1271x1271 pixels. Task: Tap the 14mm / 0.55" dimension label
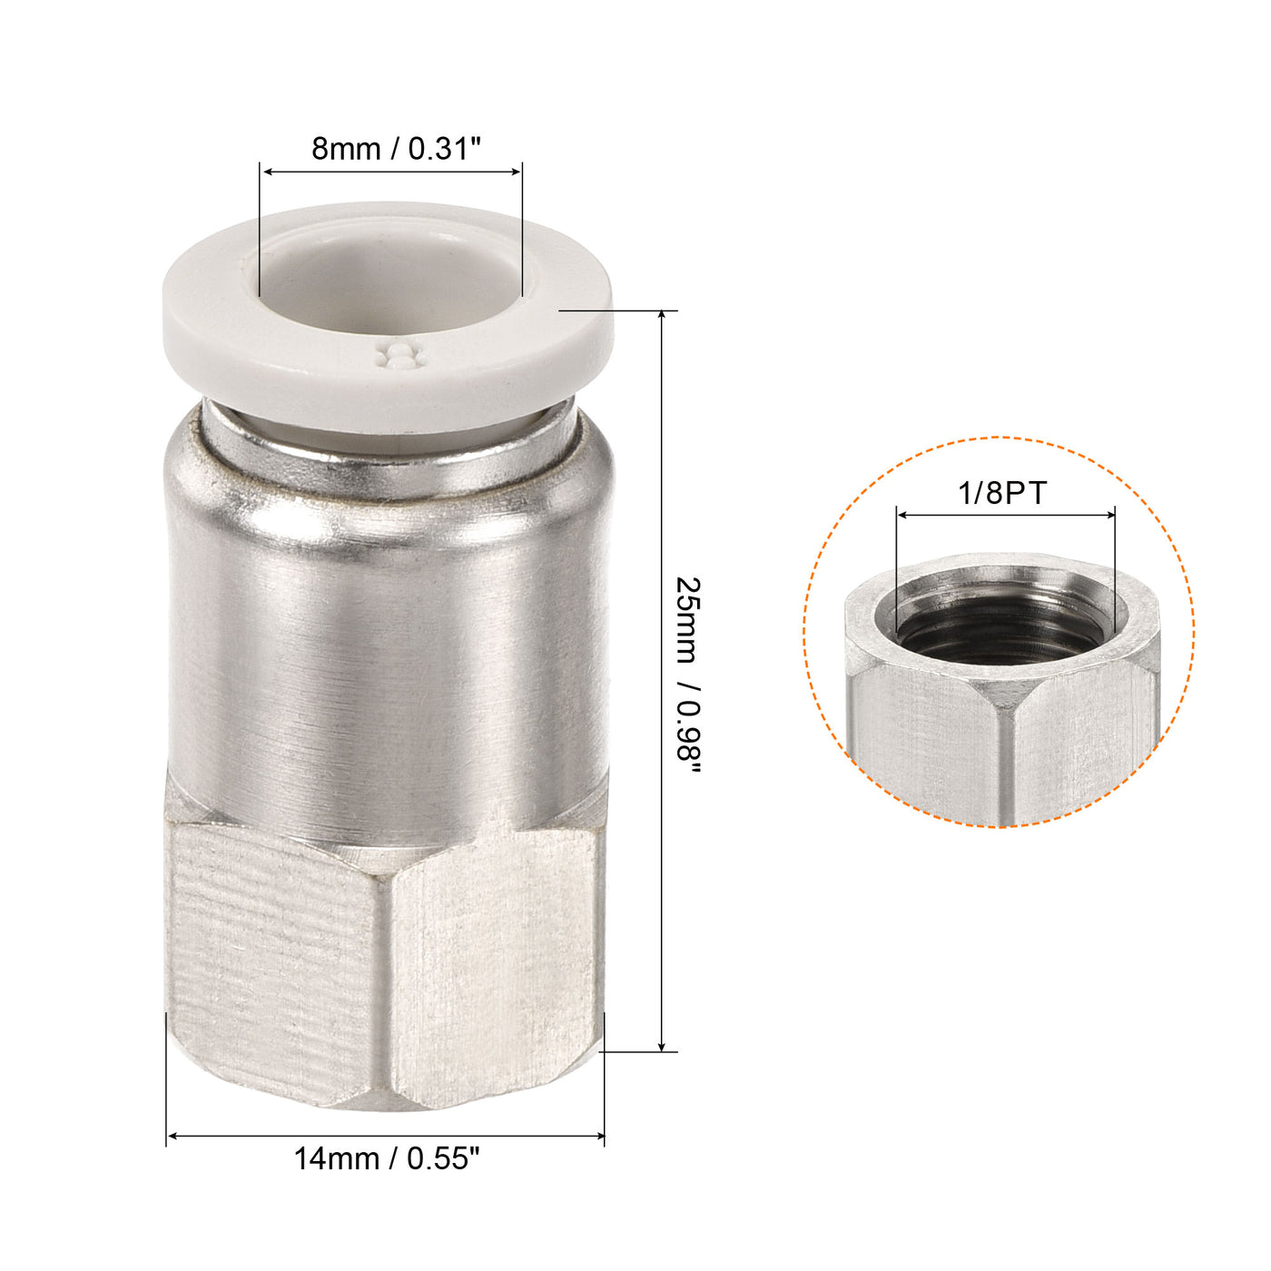[x=386, y=1159]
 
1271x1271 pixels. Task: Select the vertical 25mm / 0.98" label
[x=690, y=675]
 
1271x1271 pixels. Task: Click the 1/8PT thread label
[x=1002, y=493]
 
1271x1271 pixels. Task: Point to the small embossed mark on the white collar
[x=399, y=357]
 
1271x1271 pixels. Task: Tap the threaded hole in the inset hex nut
[x=1003, y=626]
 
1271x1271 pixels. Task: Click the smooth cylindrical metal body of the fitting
[x=386, y=654]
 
